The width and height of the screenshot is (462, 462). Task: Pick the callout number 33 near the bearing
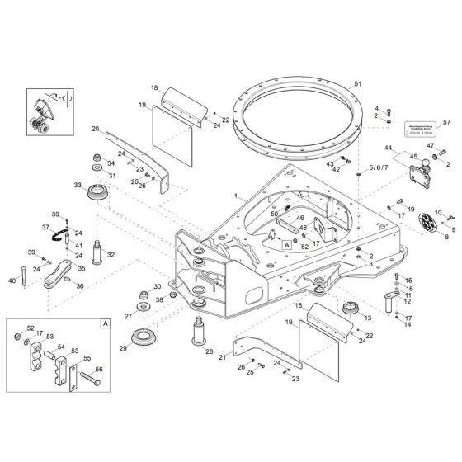[78, 186]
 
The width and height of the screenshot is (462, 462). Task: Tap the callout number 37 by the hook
[46, 227]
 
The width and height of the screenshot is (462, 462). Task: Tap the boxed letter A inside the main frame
[286, 245]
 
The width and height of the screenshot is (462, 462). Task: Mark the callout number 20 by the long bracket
[96, 129]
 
